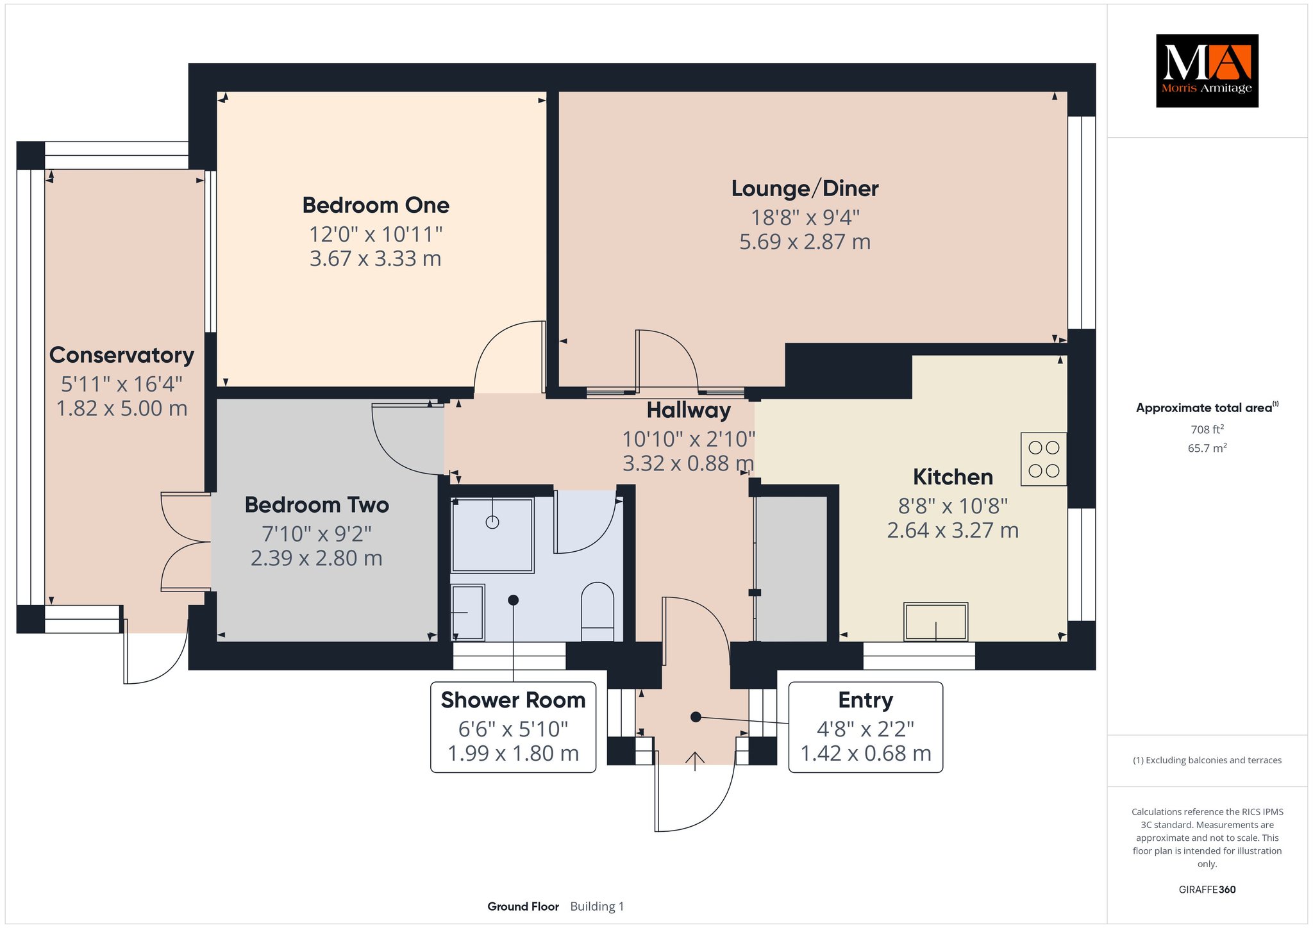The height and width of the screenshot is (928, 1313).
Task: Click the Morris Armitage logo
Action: [1207, 70]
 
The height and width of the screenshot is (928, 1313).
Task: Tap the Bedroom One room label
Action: [376, 205]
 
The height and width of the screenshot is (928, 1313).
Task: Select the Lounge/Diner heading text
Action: [805, 188]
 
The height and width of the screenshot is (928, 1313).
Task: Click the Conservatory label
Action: [122, 355]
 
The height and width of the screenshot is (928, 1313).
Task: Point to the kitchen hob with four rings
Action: [1044, 459]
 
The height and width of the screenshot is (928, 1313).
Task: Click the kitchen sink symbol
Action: [935, 621]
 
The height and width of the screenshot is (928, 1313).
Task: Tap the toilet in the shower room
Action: [598, 611]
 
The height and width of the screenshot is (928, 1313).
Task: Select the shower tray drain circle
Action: [492, 522]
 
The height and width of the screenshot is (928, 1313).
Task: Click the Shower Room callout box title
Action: [513, 700]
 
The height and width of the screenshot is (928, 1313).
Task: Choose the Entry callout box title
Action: [866, 700]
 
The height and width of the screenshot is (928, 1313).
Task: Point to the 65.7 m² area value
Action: [1207, 448]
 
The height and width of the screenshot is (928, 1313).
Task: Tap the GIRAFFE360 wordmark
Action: [1207, 890]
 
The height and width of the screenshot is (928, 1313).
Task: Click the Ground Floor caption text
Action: [523, 906]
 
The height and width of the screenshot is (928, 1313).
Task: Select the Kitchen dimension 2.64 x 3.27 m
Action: [953, 531]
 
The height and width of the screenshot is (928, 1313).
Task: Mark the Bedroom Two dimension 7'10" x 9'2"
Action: [317, 534]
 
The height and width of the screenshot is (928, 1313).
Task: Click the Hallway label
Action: [689, 410]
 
